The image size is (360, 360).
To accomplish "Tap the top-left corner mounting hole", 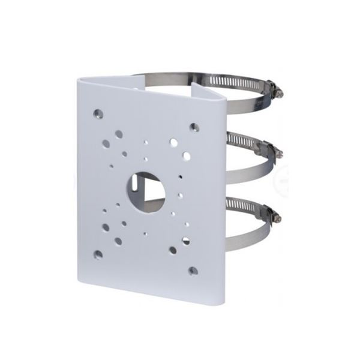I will pyautogui.click(x=98, y=113).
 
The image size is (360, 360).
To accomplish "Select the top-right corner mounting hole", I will pyautogui.click(x=194, y=127).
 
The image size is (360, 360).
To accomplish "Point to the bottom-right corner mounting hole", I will pyautogui.click(x=193, y=271).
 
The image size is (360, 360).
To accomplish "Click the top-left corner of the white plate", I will pyautogui.click(x=80, y=77).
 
